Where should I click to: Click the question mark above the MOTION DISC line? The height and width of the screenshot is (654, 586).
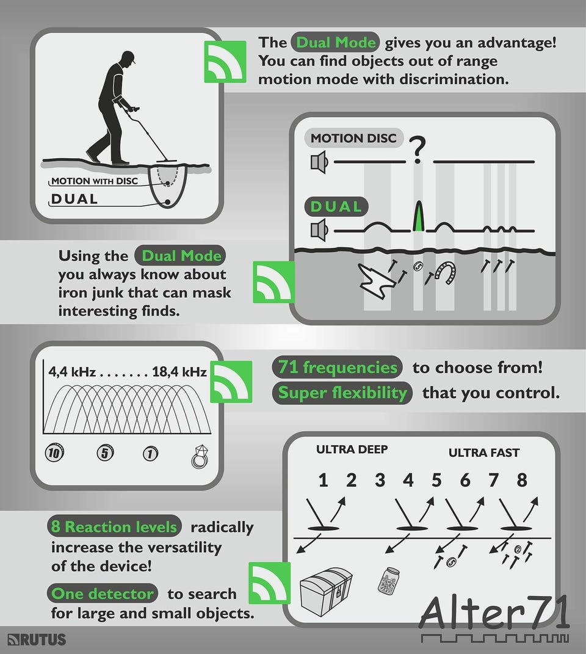coord(417,150)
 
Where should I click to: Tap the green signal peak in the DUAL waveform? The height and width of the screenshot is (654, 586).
coord(418,217)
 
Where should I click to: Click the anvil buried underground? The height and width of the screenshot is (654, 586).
coord(377,282)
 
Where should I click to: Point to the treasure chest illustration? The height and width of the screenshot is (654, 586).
coord(326,591)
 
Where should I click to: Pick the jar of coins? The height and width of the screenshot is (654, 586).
coord(388,580)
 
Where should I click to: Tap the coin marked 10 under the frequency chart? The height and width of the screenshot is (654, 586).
coord(54,453)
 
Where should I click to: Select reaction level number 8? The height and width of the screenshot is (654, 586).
coord(522,480)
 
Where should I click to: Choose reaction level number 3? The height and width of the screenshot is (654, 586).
coord(380,480)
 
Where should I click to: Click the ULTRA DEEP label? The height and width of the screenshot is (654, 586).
coord(352,449)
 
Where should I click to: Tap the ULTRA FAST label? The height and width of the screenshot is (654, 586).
coord(484,452)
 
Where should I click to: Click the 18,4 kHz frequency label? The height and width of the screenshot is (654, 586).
coord(179,372)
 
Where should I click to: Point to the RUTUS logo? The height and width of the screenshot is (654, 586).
coord(37,639)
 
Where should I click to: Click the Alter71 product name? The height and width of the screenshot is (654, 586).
coord(494,612)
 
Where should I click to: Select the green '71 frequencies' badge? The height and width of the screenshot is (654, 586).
coord(338,368)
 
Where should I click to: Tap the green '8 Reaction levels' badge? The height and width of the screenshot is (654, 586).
coord(114,526)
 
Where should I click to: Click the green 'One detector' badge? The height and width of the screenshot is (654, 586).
coord(103,593)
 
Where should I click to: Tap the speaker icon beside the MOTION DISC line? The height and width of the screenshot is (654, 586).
coord(319,162)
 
